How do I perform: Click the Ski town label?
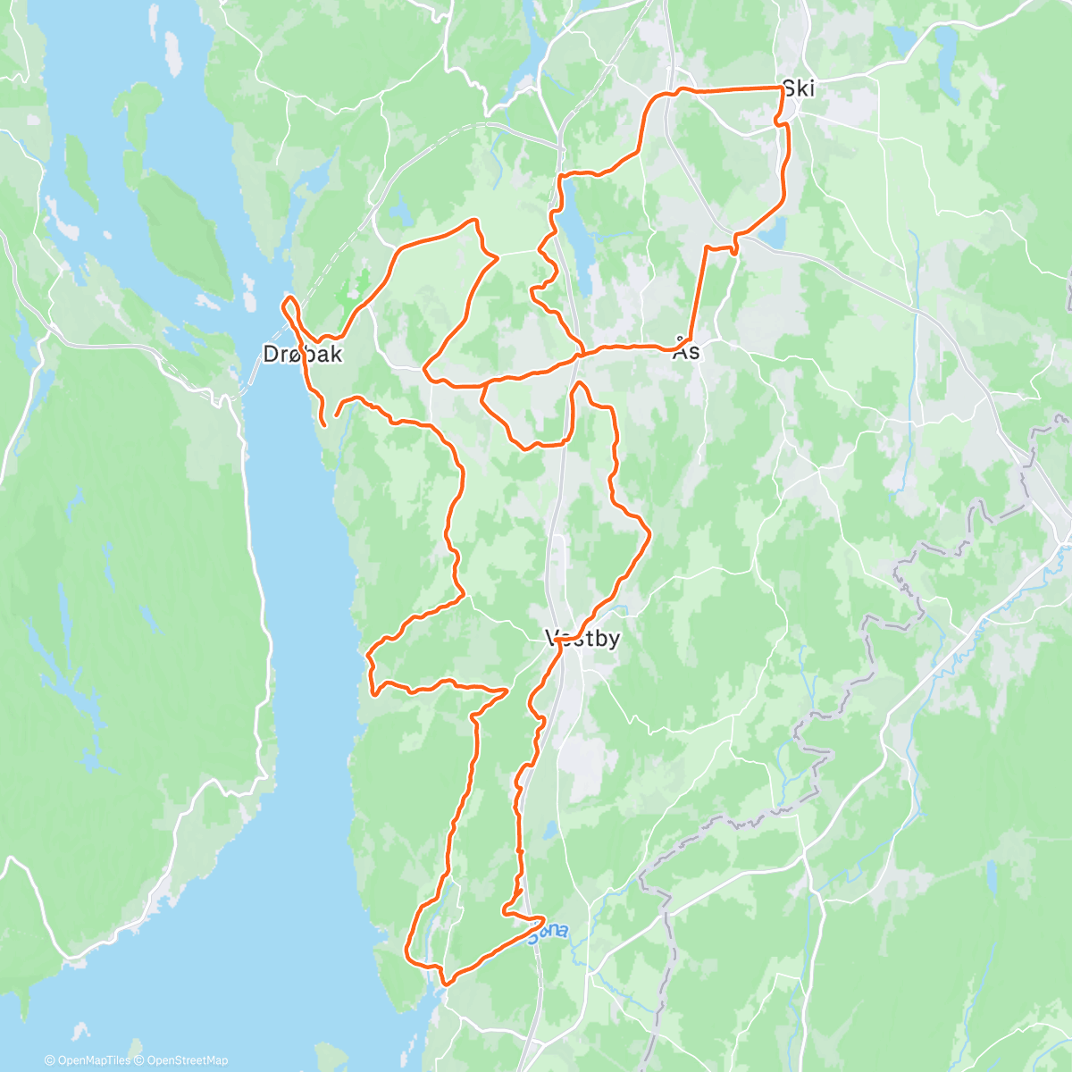[798, 88]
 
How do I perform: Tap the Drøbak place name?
[302, 355]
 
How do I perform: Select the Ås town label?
[686, 350]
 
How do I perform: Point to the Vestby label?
[582, 639]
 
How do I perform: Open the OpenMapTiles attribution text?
[88, 1060]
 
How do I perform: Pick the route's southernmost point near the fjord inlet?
[445, 982]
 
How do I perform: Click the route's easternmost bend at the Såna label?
[543, 918]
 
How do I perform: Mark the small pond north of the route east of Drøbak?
[400, 212]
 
